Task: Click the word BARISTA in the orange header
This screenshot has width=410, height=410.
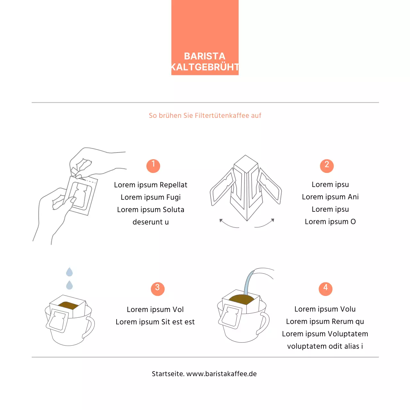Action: pyautogui.click(x=204, y=56)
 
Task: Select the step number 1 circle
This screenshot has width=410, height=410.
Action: pyautogui.click(x=153, y=166)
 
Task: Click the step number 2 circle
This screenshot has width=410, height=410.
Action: pyautogui.click(x=327, y=166)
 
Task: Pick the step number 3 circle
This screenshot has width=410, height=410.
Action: pyautogui.click(x=158, y=289)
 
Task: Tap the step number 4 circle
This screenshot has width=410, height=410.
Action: pyautogui.click(x=325, y=289)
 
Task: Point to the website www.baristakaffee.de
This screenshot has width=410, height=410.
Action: pyautogui.click(x=221, y=374)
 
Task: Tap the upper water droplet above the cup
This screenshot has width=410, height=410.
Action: pyautogui.click(x=70, y=272)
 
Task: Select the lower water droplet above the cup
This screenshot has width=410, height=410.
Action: pyautogui.click(x=70, y=285)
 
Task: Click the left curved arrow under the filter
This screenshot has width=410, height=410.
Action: pyautogui.click(x=228, y=224)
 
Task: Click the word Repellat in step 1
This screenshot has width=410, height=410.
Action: pyautogui.click(x=173, y=185)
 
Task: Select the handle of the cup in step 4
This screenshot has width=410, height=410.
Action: pyautogui.click(x=264, y=324)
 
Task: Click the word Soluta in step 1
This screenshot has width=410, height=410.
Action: pyautogui.click(x=173, y=209)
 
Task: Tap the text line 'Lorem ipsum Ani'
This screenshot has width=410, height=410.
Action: pyautogui.click(x=330, y=197)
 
